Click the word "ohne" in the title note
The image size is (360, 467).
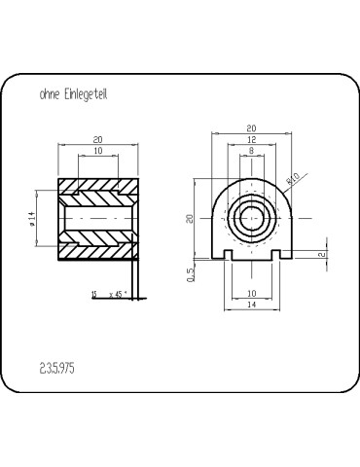tap(50, 94)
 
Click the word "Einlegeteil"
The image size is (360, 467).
tap(86, 94)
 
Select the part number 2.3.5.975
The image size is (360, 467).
tap(57, 369)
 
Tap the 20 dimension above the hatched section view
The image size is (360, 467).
tap(98, 139)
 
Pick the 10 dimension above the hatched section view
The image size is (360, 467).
tap(98, 151)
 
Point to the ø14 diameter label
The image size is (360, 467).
tap(31, 219)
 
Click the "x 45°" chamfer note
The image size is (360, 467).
tap(118, 295)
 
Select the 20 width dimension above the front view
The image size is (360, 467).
tap(251, 128)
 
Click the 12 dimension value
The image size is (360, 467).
tap(251, 139)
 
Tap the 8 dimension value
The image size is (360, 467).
tap(251, 151)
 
